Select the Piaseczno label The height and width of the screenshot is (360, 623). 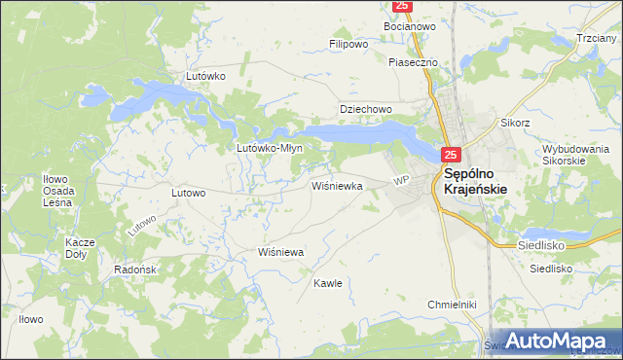click(414, 62)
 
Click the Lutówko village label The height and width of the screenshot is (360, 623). click(206, 75)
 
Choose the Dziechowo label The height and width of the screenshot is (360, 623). click(365, 109)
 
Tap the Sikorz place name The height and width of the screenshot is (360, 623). click(515, 124)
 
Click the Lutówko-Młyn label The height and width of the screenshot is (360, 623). click(271, 148)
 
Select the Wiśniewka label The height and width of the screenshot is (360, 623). click(337, 184)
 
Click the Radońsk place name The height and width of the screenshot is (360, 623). click(129, 270)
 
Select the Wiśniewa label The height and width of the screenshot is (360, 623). click(281, 251)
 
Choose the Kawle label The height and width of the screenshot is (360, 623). click(327, 283)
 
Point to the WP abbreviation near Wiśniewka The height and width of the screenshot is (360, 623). click(400, 181)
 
